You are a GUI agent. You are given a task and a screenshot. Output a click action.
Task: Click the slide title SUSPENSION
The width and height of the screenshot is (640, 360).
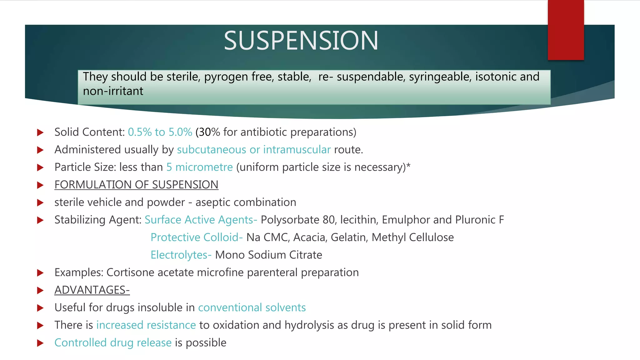point(301,41)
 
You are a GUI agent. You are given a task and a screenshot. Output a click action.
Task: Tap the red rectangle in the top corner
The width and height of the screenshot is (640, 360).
point(566,30)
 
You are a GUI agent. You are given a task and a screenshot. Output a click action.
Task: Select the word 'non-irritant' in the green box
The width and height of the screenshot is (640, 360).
point(113,91)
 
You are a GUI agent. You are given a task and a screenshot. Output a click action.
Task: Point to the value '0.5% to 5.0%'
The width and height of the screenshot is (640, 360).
point(160,132)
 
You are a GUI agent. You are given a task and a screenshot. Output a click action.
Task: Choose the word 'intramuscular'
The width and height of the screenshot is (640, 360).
point(297,150)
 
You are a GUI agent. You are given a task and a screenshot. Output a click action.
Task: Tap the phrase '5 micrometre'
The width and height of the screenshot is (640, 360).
point(199,167)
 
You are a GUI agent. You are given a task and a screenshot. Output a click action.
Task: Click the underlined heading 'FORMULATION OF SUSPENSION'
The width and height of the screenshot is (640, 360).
point(136,185)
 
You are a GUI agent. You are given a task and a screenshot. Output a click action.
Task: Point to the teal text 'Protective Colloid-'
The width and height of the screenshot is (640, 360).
point(197,237)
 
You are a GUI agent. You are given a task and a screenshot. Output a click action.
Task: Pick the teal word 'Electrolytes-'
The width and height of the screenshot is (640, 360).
point(181,255)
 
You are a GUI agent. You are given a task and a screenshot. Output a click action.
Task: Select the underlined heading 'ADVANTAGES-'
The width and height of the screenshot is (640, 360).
point(92,290)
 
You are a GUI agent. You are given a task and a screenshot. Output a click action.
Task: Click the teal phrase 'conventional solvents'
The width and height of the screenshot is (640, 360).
point(252,308)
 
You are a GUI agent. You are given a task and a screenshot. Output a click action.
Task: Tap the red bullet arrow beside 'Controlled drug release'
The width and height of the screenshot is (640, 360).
point(40,343)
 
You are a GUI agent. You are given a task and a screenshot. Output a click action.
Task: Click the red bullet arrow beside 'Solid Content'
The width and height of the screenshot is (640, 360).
point(40,132)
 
